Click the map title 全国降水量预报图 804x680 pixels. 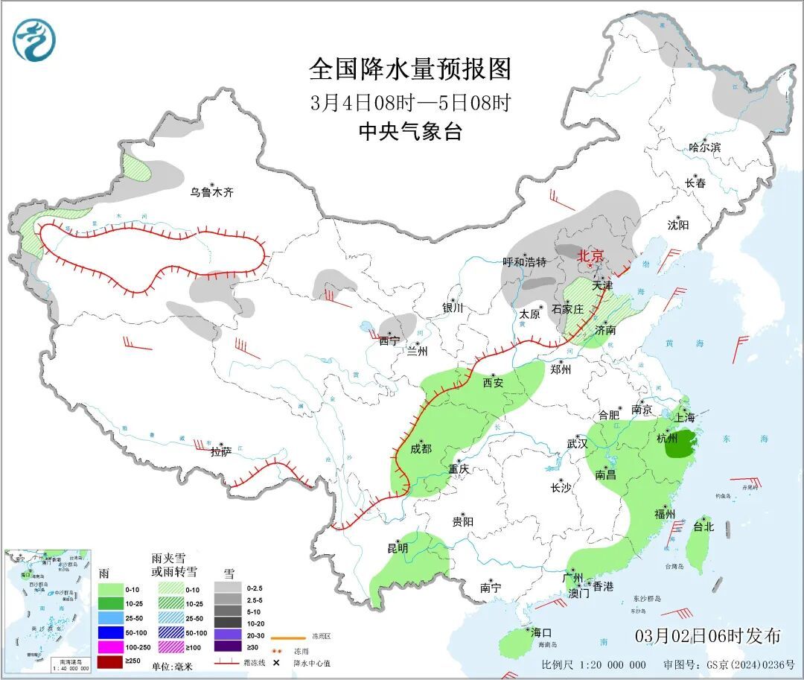point(410,69)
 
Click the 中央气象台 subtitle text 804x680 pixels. point(410,132)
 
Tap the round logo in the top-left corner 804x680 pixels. point(34,39)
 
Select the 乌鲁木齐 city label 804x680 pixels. point(211,192)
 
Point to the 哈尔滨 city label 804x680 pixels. point(704,147)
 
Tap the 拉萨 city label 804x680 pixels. point(221,451)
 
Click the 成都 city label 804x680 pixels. point(421,448)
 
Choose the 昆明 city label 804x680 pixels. point(398,548)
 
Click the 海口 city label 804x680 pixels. point(541,632)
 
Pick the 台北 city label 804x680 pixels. point(703,526)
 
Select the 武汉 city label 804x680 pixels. point(577,443)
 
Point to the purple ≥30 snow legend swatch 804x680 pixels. point(228,646)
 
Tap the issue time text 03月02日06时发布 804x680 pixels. point(708,635)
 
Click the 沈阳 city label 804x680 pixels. point(678,224)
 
